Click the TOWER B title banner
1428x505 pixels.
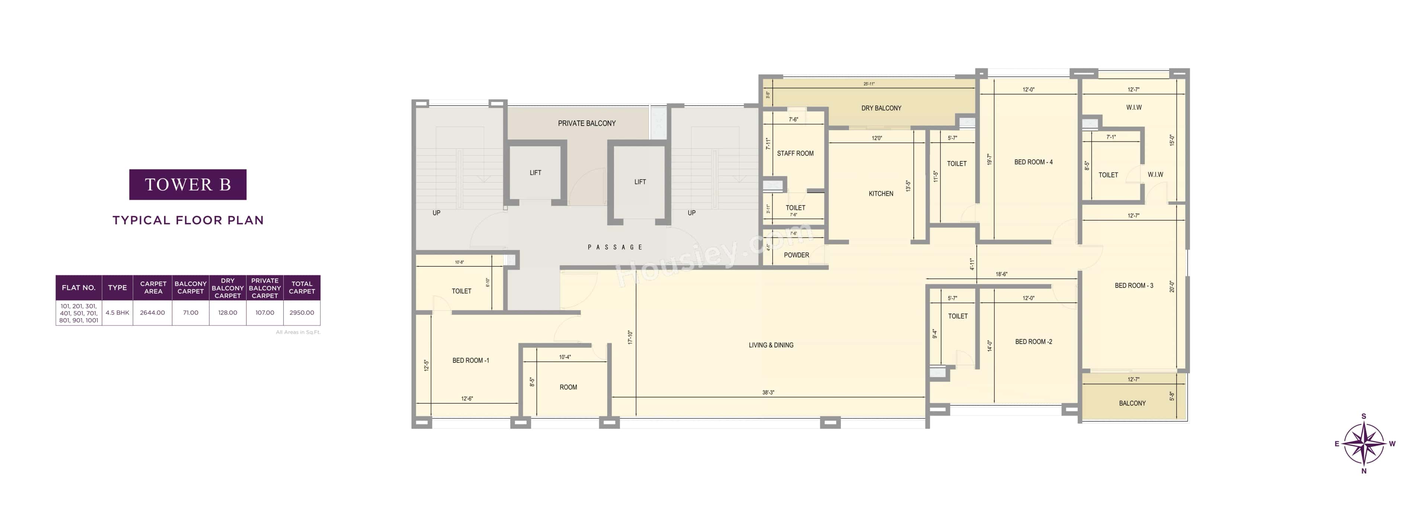point(187,184)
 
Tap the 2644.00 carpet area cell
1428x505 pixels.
point(152,313)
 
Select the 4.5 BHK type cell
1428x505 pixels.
point(118,313)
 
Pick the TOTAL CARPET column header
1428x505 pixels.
point(302,287)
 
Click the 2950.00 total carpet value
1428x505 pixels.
point(302,313)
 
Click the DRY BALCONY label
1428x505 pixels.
point(881,108)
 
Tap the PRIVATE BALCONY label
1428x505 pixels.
point(586,123)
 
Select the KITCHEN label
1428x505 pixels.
point(881,193)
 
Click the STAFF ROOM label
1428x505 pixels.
point(795,154)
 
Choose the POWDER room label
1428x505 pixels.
point(796,255)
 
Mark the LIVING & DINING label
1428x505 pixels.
point(771,345)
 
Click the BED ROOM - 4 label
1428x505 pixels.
point(1033,162)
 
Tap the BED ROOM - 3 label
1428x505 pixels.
point(1133,286)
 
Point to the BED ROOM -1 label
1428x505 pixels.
point(471,360)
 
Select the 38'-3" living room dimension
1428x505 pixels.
point(768,392)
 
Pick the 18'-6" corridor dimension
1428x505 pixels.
point(1001,274)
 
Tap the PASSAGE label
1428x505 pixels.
point(615,247)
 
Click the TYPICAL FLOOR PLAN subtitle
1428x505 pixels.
point(188,220)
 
